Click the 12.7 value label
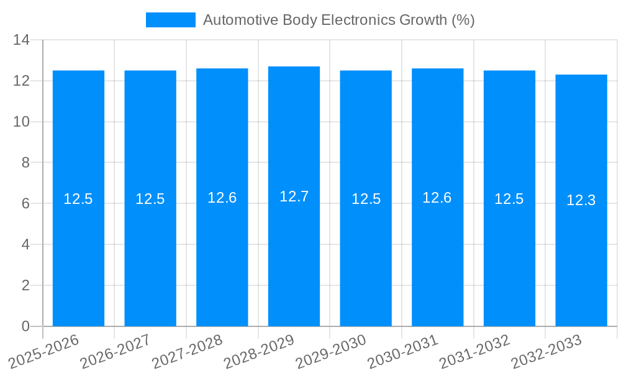click(294, 196)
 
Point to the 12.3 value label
click(581, 200)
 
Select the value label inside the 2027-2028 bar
click(222, 198)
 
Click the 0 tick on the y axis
click(25, 326)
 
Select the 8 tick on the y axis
click(25, 163)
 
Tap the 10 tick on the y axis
click(22, 122)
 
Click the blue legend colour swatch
click(170, 20)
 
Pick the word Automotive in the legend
click(240, 20)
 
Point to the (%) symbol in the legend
click(463, 20)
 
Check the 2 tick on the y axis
click(25, 285)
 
